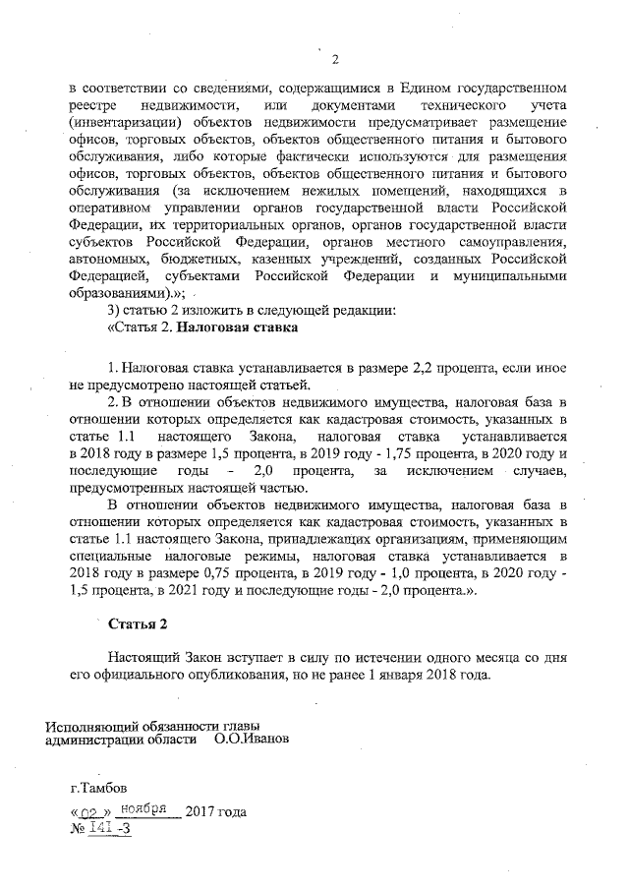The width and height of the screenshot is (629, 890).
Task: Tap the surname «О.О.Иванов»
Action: pos(252,739)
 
